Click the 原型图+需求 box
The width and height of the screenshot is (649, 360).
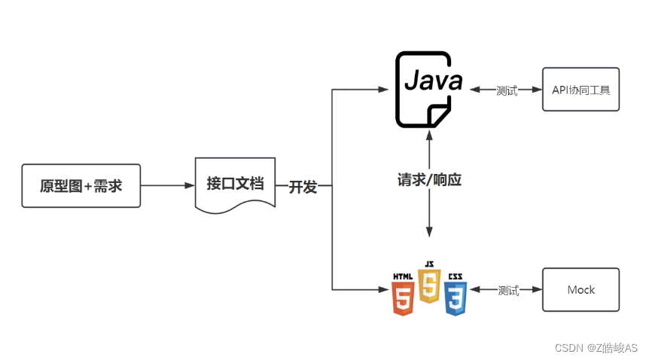point(81,185)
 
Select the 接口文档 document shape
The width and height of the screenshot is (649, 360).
point(235,184)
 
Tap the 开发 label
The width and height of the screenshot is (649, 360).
point(303,187)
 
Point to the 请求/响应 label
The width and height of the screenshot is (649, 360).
point(429,180)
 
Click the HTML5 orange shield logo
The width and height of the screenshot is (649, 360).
point(403,294)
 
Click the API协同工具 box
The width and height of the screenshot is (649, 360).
point(580,90)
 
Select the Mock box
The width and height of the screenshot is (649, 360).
point(580,290)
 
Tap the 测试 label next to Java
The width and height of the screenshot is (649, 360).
point(507,90)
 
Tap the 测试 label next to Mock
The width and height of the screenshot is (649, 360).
point(508,291)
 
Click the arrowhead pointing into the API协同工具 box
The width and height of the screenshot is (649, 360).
point(537,90)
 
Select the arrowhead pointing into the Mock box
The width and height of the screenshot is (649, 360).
point(537,290)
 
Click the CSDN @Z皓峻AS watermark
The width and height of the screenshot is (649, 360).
point(596,348)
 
